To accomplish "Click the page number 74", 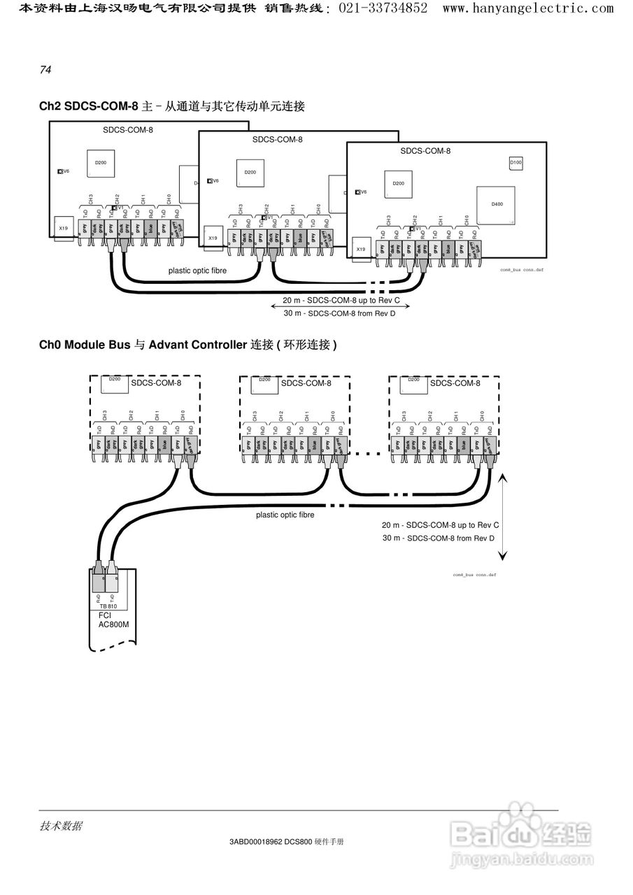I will pos(45,70).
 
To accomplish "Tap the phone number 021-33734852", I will pos(383,8).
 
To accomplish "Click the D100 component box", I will pos(515,163).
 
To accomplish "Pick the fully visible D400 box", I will pos(496,204).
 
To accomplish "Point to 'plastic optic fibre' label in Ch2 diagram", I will pos(197,270).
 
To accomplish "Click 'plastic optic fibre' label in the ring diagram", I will pos(285,515).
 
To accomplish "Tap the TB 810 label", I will pos(108,606).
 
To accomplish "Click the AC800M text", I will pos(114,624).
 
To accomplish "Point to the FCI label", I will pos(106,615).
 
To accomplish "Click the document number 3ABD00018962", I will pos(255,842).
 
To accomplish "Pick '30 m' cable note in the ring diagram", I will pos(391,538).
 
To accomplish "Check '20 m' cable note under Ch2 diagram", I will pos(292,300).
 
